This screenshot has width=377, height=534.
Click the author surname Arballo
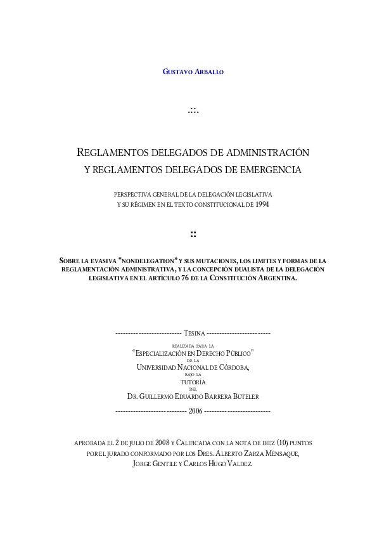tap(208, 72)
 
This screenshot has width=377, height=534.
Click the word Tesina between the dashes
tap(193, 332)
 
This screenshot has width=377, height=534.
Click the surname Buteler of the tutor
tap(242, 396)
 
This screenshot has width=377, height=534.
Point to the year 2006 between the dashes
tap(193, 411)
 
